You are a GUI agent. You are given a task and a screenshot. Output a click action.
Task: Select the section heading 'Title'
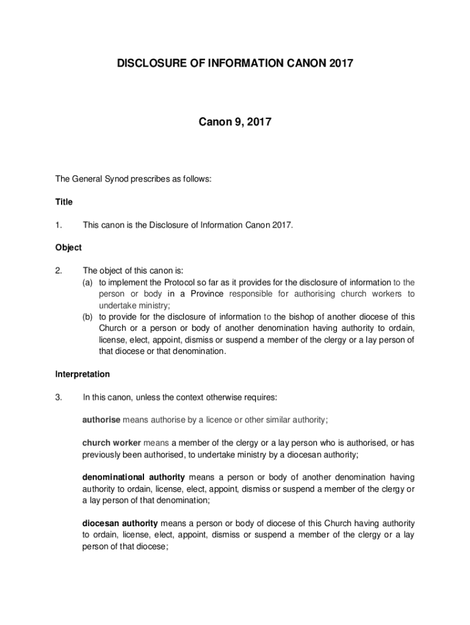(63, 201)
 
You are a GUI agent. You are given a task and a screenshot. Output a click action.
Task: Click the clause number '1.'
(59, 225)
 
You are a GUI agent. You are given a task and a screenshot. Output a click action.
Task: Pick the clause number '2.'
(59, 270)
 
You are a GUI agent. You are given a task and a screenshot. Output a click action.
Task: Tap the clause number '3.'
(59, 397)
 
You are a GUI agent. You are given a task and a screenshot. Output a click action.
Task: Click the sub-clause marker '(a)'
(89, 282)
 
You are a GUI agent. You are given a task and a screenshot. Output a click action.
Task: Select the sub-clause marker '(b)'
(89, 317)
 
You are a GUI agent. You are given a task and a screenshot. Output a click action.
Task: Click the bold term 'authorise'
(101, 419)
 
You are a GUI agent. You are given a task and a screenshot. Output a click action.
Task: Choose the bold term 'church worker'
(112, 442)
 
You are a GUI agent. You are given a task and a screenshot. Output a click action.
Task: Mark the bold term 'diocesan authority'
(120, 523)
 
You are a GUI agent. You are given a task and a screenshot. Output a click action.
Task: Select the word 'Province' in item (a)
(207, 294)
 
